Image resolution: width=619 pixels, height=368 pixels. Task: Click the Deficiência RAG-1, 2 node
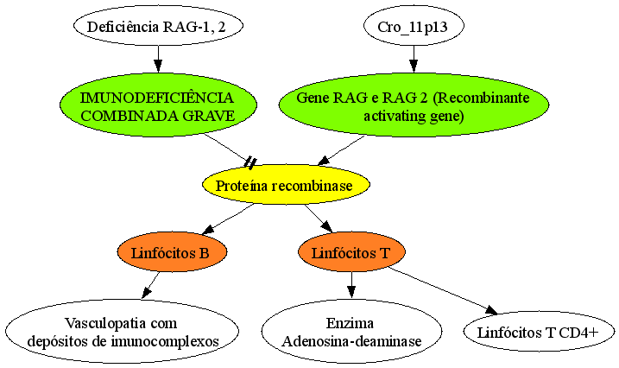click(158, 26)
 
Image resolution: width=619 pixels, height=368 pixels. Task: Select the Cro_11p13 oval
click(414, 26)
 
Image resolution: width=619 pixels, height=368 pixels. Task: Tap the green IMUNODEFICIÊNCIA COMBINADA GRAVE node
click(158, 105)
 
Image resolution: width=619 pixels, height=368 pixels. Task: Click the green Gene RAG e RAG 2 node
click(414, 105)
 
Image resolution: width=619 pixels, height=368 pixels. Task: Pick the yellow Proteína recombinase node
click(286, 185)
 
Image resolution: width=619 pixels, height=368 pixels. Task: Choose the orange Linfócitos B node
click(172, 252)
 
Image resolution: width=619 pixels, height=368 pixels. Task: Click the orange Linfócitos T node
click(351, 252)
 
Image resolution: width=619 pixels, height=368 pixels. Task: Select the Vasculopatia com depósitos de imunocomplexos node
click(122, 332)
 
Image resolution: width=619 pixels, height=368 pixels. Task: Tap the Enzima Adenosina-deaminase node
click(351, 332)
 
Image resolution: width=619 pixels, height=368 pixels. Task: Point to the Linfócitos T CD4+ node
click(540, 332)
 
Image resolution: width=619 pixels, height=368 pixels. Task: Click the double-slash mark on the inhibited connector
click(250, 162)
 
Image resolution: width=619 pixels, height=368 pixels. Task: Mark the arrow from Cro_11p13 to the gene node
click(414, 60)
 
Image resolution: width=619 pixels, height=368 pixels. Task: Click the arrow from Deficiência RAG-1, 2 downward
click(158, 60)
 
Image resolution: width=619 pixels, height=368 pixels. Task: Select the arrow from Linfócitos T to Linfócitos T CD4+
click(443, 290)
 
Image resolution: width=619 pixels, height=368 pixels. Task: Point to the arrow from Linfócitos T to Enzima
click(351, 285)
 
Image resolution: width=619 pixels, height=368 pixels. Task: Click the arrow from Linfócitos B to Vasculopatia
click(150, 285)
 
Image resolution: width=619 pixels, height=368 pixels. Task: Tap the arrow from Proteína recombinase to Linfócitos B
click(227, 219)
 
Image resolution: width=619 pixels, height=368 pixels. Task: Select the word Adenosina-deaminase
click(351, 340)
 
